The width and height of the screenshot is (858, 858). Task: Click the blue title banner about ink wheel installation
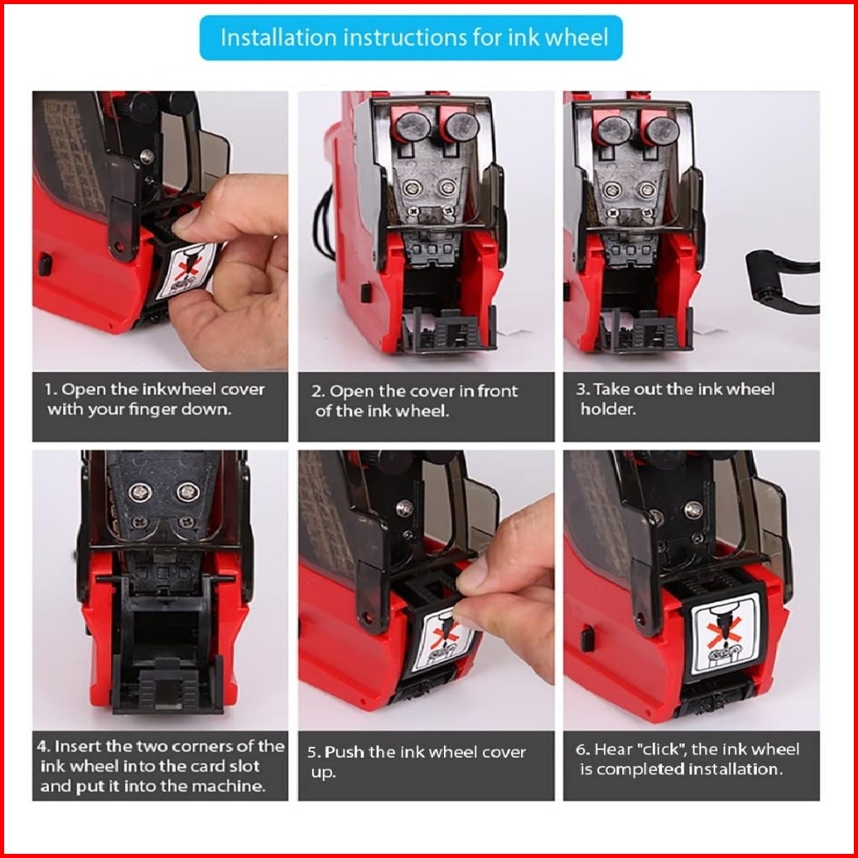click(x=411, y=38)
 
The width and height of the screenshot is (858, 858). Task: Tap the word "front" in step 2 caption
click(x=497, y=391)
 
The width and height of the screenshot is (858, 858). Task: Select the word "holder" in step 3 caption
click(x=608, y=409)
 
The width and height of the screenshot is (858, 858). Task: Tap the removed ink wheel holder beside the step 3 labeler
click(x=782, y=280)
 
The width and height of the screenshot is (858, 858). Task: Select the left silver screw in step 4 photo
click(x=139, y=492)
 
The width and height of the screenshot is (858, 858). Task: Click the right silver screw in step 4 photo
click(x=188, y=492)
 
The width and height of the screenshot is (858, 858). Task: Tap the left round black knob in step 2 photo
click(x=412, y=127)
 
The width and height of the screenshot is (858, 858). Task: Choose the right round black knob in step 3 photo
click(x=662, y=131)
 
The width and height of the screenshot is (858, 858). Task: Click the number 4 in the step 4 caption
click(x=43, y=747)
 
